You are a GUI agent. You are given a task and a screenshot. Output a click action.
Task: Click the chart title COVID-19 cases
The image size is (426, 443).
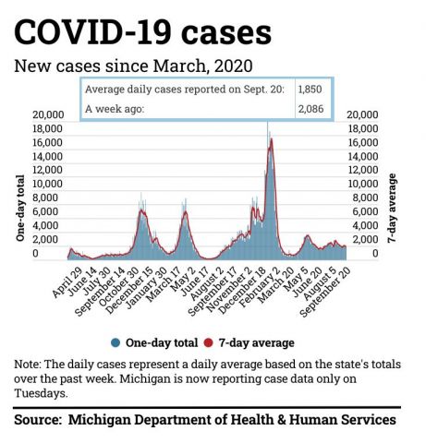click(142, 32)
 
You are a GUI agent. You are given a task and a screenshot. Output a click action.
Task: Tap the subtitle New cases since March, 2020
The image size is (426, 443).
click(133, 66)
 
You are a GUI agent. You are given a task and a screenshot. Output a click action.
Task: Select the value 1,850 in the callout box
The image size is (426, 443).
click(310, 90)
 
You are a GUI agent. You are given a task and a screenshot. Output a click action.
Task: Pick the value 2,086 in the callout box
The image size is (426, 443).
click(310, 109)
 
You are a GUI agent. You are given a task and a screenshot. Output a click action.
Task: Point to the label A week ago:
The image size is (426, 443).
click(115, 109)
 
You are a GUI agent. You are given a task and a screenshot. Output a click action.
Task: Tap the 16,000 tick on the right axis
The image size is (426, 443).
click(363, 143)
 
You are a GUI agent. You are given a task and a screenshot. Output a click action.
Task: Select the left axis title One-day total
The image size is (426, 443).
click(20, 208)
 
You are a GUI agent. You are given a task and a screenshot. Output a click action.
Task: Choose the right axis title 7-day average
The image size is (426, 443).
click(392, 209)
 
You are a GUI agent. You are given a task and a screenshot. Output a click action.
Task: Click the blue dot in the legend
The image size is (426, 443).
click(116, 342)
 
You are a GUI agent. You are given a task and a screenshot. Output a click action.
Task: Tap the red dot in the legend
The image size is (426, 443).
click(209, 342)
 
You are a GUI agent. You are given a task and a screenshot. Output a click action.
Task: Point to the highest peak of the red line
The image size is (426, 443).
click(272, 139)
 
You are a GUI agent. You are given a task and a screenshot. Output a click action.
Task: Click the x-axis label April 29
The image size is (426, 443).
click(67, 282)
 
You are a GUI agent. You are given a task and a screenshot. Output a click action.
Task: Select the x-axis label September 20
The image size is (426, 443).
click(325, 291)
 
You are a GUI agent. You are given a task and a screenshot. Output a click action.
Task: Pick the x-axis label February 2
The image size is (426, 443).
click(260, 287)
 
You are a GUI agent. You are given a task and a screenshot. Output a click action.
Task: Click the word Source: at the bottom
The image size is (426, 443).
click(38, 420)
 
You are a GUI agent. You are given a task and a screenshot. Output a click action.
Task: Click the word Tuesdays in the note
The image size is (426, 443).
click(41, 393)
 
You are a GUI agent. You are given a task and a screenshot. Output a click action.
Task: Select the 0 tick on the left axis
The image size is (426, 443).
click(35, 253)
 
